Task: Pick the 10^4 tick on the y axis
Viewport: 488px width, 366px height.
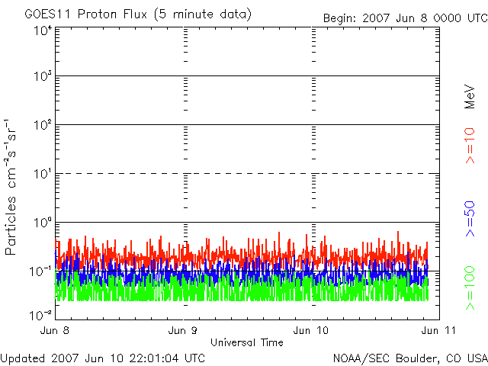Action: click(x=42, y=30)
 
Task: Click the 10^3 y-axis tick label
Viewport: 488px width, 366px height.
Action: click(x=42, y=78)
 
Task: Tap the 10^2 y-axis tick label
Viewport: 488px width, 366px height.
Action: click(x=42, y=126)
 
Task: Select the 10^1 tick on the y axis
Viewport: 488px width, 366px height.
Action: click(x=42, y=175)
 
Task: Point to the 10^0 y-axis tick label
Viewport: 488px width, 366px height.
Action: click(x=42, y=223)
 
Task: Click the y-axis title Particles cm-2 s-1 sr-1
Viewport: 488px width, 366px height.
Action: click(x=14, y=186)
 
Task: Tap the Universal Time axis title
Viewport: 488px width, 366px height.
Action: click(x=247, y=342)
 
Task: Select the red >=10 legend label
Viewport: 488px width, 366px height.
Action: click(x=470, y=145)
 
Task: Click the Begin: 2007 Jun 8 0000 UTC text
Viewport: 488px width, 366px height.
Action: click(x=405, y=18)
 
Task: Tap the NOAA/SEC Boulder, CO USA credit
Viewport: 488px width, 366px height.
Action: click(x=409, y=358)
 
